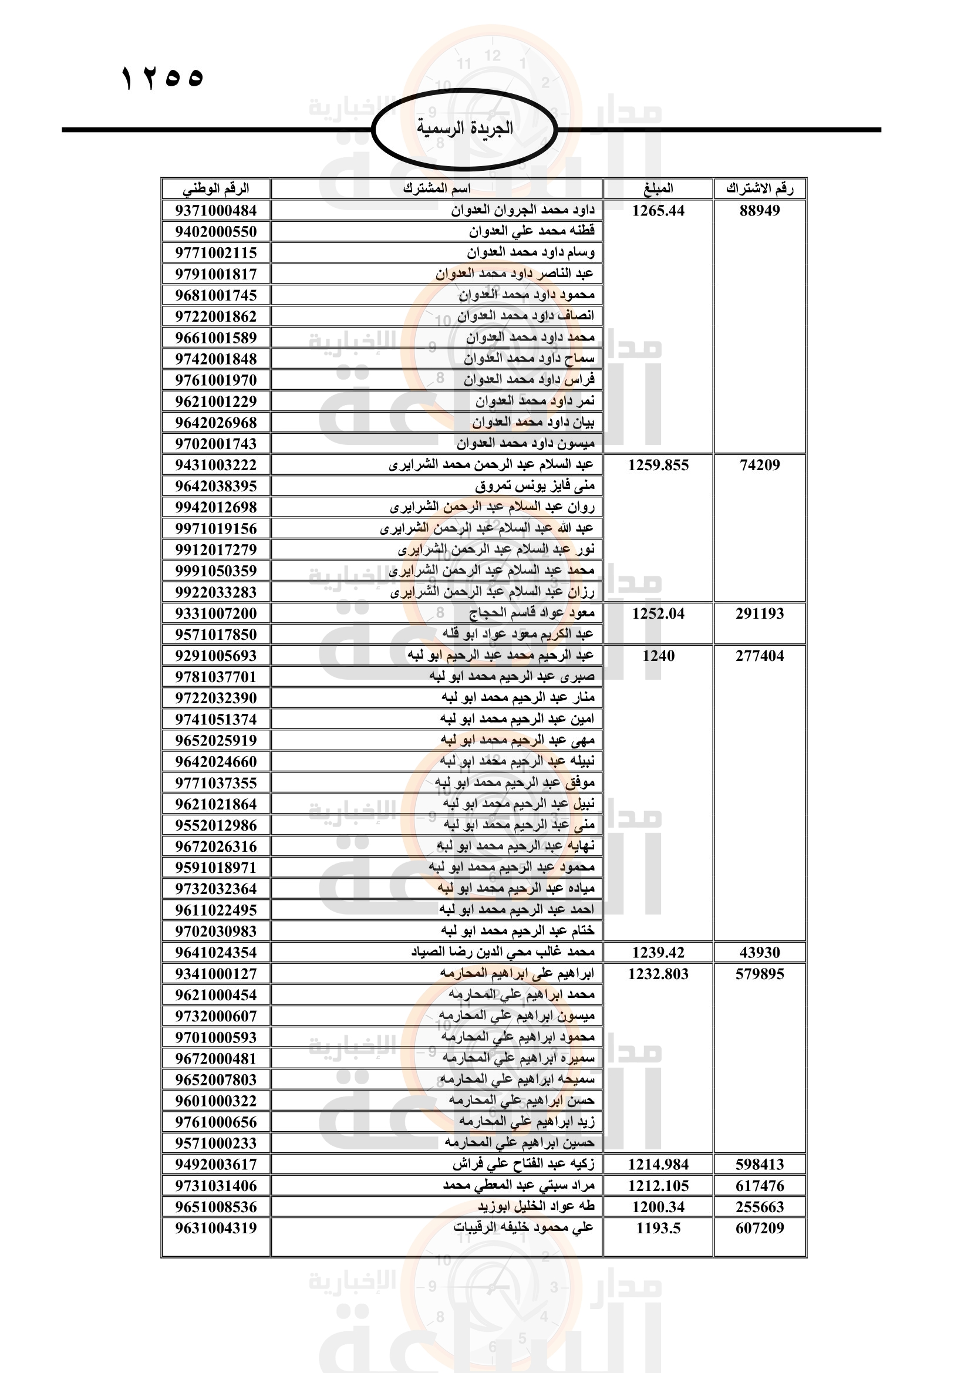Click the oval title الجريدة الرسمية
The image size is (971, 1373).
click(464, 129)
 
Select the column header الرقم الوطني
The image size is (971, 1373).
click(216, 189)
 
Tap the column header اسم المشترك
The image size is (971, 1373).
click(436, 189)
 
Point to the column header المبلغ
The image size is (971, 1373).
click(658, 189)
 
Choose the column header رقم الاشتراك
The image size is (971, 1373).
click(759, 189)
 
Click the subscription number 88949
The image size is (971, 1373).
click(759, 211)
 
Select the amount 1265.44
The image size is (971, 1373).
click(658, 211)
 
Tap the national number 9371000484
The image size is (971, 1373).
click(216, 211)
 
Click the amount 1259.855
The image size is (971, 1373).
click(658, 465)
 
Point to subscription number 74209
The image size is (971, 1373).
click(759, 465)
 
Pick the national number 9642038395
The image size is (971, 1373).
click(216, 486)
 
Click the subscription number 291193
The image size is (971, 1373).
click(759, 613)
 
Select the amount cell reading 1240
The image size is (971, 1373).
click(658, 656)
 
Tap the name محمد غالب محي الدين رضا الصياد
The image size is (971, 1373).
click(503, 952)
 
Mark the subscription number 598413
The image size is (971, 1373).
click(759, 1164)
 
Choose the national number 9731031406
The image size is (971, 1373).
click(216, 1186)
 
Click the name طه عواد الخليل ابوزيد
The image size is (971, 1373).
click(536, 1207)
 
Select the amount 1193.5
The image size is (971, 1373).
click(658, 1228)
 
